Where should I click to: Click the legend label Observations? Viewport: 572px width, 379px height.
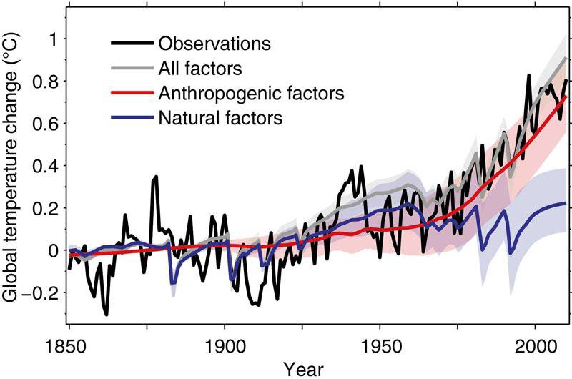214,44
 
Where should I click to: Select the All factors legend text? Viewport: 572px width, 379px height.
200,68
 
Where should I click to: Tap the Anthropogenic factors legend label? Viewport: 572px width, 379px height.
252,94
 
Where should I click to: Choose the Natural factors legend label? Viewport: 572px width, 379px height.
220,118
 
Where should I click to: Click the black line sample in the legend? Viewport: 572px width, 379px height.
132,44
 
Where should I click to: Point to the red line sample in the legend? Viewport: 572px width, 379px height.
132,93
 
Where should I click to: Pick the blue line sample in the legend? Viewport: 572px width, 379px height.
132,117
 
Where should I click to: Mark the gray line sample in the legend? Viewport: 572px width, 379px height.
132,68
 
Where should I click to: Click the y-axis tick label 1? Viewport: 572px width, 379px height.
52,39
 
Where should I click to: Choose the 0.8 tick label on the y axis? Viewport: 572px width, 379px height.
45,82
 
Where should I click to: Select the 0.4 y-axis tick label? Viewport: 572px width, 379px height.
45,166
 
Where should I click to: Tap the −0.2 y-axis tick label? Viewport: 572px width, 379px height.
40,293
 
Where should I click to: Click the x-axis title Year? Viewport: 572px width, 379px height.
303,369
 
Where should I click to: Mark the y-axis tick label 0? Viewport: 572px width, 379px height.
53,250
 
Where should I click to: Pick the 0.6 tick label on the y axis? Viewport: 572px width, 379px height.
45,124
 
